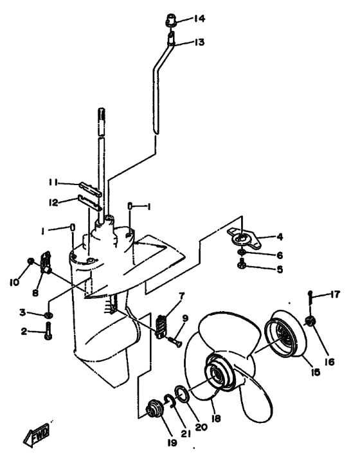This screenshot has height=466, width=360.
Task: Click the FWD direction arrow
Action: [x=36, y=435]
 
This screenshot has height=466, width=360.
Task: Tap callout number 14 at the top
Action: [x=199, y=19]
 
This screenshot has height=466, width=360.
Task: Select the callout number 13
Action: [x=199, y=42]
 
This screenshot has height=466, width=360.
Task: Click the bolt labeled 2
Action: [x=48, y=331]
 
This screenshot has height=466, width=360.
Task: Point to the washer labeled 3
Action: [x=48, y=314]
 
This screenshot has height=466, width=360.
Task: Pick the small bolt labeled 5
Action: [x=241, y=264]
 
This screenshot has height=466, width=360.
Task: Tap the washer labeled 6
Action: [x=242, y=253]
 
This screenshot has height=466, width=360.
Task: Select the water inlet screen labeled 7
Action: [x=160, y=327]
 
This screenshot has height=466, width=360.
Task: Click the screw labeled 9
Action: [x=175, y=341]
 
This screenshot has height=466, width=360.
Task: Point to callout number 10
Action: [x=14, y=282]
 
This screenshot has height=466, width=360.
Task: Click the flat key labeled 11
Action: [x=91, y=190]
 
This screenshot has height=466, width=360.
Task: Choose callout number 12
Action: [x=53, y=202]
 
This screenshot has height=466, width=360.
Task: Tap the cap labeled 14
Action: [x=171, y=20]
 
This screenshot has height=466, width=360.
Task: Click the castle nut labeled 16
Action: [x=310, y=321]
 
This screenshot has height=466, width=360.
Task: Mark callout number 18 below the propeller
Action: [x=216, y=418]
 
